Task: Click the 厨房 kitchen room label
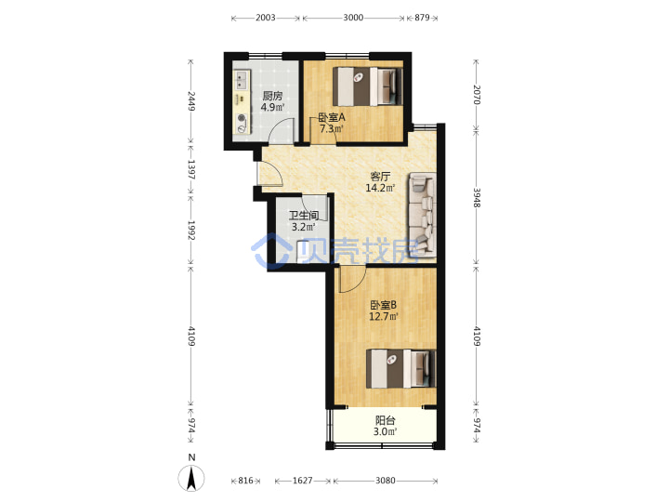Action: click(272, 96)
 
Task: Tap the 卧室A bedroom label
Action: click(332, 117)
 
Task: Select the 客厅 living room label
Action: click(380, 177)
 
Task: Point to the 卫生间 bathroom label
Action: click(303, 216)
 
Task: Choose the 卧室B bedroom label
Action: click(383, 305)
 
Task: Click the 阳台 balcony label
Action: click(385, 420)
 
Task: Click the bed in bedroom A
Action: click(367, 86)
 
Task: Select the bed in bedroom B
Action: click(401, 369)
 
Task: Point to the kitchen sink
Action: click(242, 80)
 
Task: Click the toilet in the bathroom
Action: click(303, 252)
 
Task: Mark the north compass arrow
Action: click(191, 478)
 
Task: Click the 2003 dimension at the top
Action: click(266, 18)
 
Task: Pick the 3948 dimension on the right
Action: click(477, 198)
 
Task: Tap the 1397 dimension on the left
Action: click(190, 169)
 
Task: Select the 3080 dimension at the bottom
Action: click(386, 481)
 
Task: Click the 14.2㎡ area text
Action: click(380, 188)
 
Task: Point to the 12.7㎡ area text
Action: click(384, 316)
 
